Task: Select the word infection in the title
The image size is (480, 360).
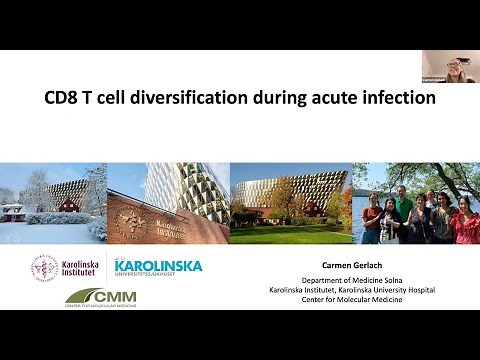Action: [x=398, y=99]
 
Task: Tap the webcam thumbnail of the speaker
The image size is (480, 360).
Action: [x=447, y=67]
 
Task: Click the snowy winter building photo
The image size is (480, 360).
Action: [x=53, y=203]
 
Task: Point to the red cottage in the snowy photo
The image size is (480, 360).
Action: [x=15, y=211]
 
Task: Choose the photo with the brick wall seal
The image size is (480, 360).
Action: [x=167, y=203]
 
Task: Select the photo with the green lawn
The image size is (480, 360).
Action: [x=291, y=203]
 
